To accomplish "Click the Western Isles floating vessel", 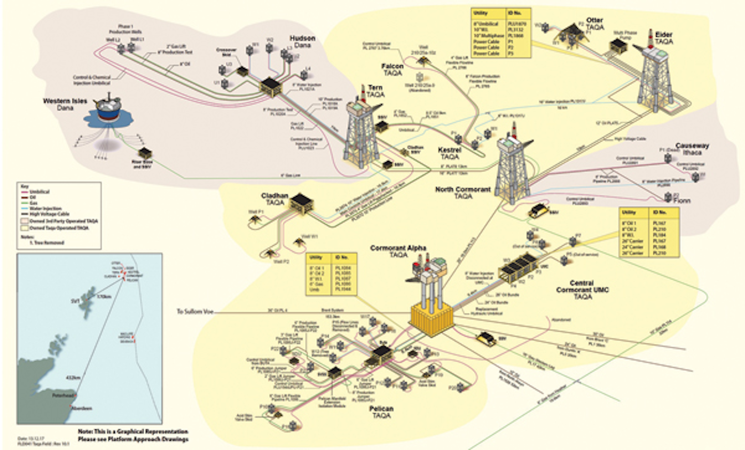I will pos(110,110).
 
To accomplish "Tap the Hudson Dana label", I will pos(302,42).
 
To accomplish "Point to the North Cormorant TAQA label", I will pos(463,193).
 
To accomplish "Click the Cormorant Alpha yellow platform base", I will pos(431,315).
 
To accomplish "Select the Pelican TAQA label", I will pos(381,412).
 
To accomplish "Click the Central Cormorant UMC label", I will pos(582,289).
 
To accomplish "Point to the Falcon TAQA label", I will pos(392,69).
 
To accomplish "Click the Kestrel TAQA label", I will pos(449,153).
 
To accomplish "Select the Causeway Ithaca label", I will pos(692,149).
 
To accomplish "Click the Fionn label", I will pos(682,200).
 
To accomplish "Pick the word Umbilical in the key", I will pos(40,192).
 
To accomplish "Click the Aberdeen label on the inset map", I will pos(82,408).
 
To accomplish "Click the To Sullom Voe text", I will pos(195,311).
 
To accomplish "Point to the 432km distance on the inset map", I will pos(72,378).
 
